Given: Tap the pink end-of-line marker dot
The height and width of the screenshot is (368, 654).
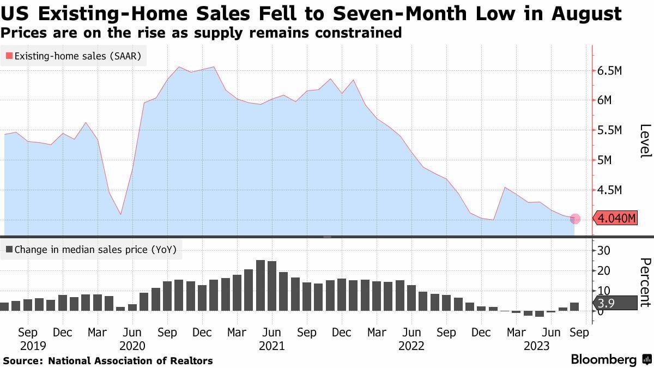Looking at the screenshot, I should point(575,219).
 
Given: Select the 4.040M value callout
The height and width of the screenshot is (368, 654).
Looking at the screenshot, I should point(616,219).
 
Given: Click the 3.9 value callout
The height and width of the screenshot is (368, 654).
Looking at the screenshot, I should point(614,303).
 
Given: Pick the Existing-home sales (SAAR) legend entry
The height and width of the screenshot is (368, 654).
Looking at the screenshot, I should point(74,56).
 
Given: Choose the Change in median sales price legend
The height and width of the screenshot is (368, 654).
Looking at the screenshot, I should point(90,250).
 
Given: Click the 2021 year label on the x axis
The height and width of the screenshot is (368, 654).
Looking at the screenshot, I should point(271,346).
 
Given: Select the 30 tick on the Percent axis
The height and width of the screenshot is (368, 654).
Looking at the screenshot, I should point(604,250).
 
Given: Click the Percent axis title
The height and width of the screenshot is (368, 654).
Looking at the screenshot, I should point(645,283).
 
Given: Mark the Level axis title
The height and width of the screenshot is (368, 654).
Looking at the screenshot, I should point(645,141).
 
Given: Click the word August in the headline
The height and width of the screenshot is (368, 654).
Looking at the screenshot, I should point(584,13).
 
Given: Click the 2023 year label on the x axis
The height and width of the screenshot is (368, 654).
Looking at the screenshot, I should point(536,346).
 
